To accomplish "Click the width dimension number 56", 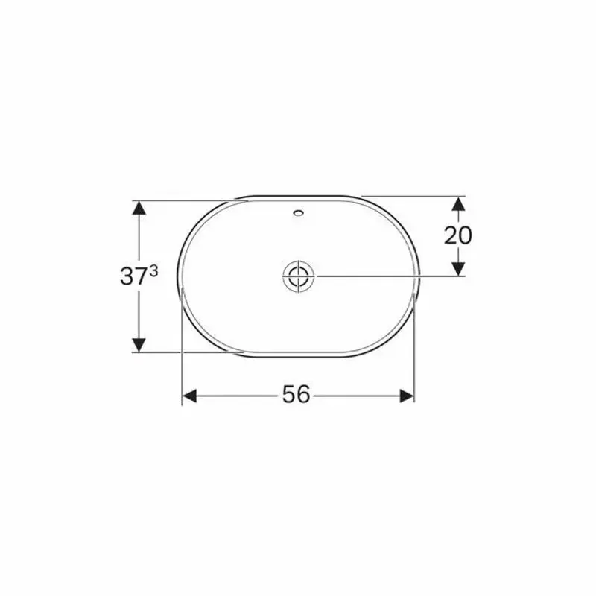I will pos(296,395).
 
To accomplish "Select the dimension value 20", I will pos(457,235).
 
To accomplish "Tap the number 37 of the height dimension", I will pos(133,276).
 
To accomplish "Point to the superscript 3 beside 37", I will pos(153,272).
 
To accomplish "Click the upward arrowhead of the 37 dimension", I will pos(138,209).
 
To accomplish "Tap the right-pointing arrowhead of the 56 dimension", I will pos(406,396).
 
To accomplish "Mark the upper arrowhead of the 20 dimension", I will pos(458,205).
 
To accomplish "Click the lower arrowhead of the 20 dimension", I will pos(458,267).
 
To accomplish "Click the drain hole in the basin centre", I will pos(299,276).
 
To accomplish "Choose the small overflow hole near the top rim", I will pos(299,214).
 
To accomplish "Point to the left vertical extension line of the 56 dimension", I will pos(183,350).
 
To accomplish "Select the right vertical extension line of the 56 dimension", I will pos(413,350).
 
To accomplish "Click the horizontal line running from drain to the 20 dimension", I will pos(387,276).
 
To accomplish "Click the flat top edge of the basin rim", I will pos(298,197).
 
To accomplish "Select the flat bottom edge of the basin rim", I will pos(298,356).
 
